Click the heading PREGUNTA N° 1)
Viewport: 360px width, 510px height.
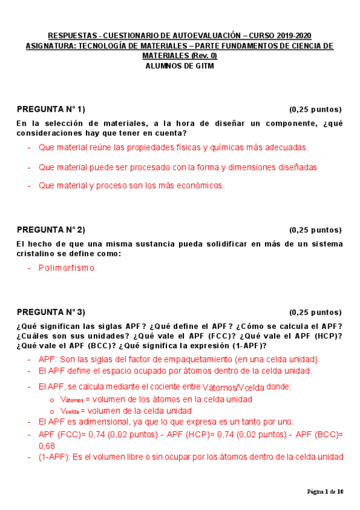50,109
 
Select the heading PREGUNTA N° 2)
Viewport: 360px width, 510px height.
50,229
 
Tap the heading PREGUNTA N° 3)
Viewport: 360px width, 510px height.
50,312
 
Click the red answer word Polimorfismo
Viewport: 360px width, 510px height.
67,268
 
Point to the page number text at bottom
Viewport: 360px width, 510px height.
325,492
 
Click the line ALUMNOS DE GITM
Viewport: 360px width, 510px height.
180,66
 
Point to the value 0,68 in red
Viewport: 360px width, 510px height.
46,446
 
